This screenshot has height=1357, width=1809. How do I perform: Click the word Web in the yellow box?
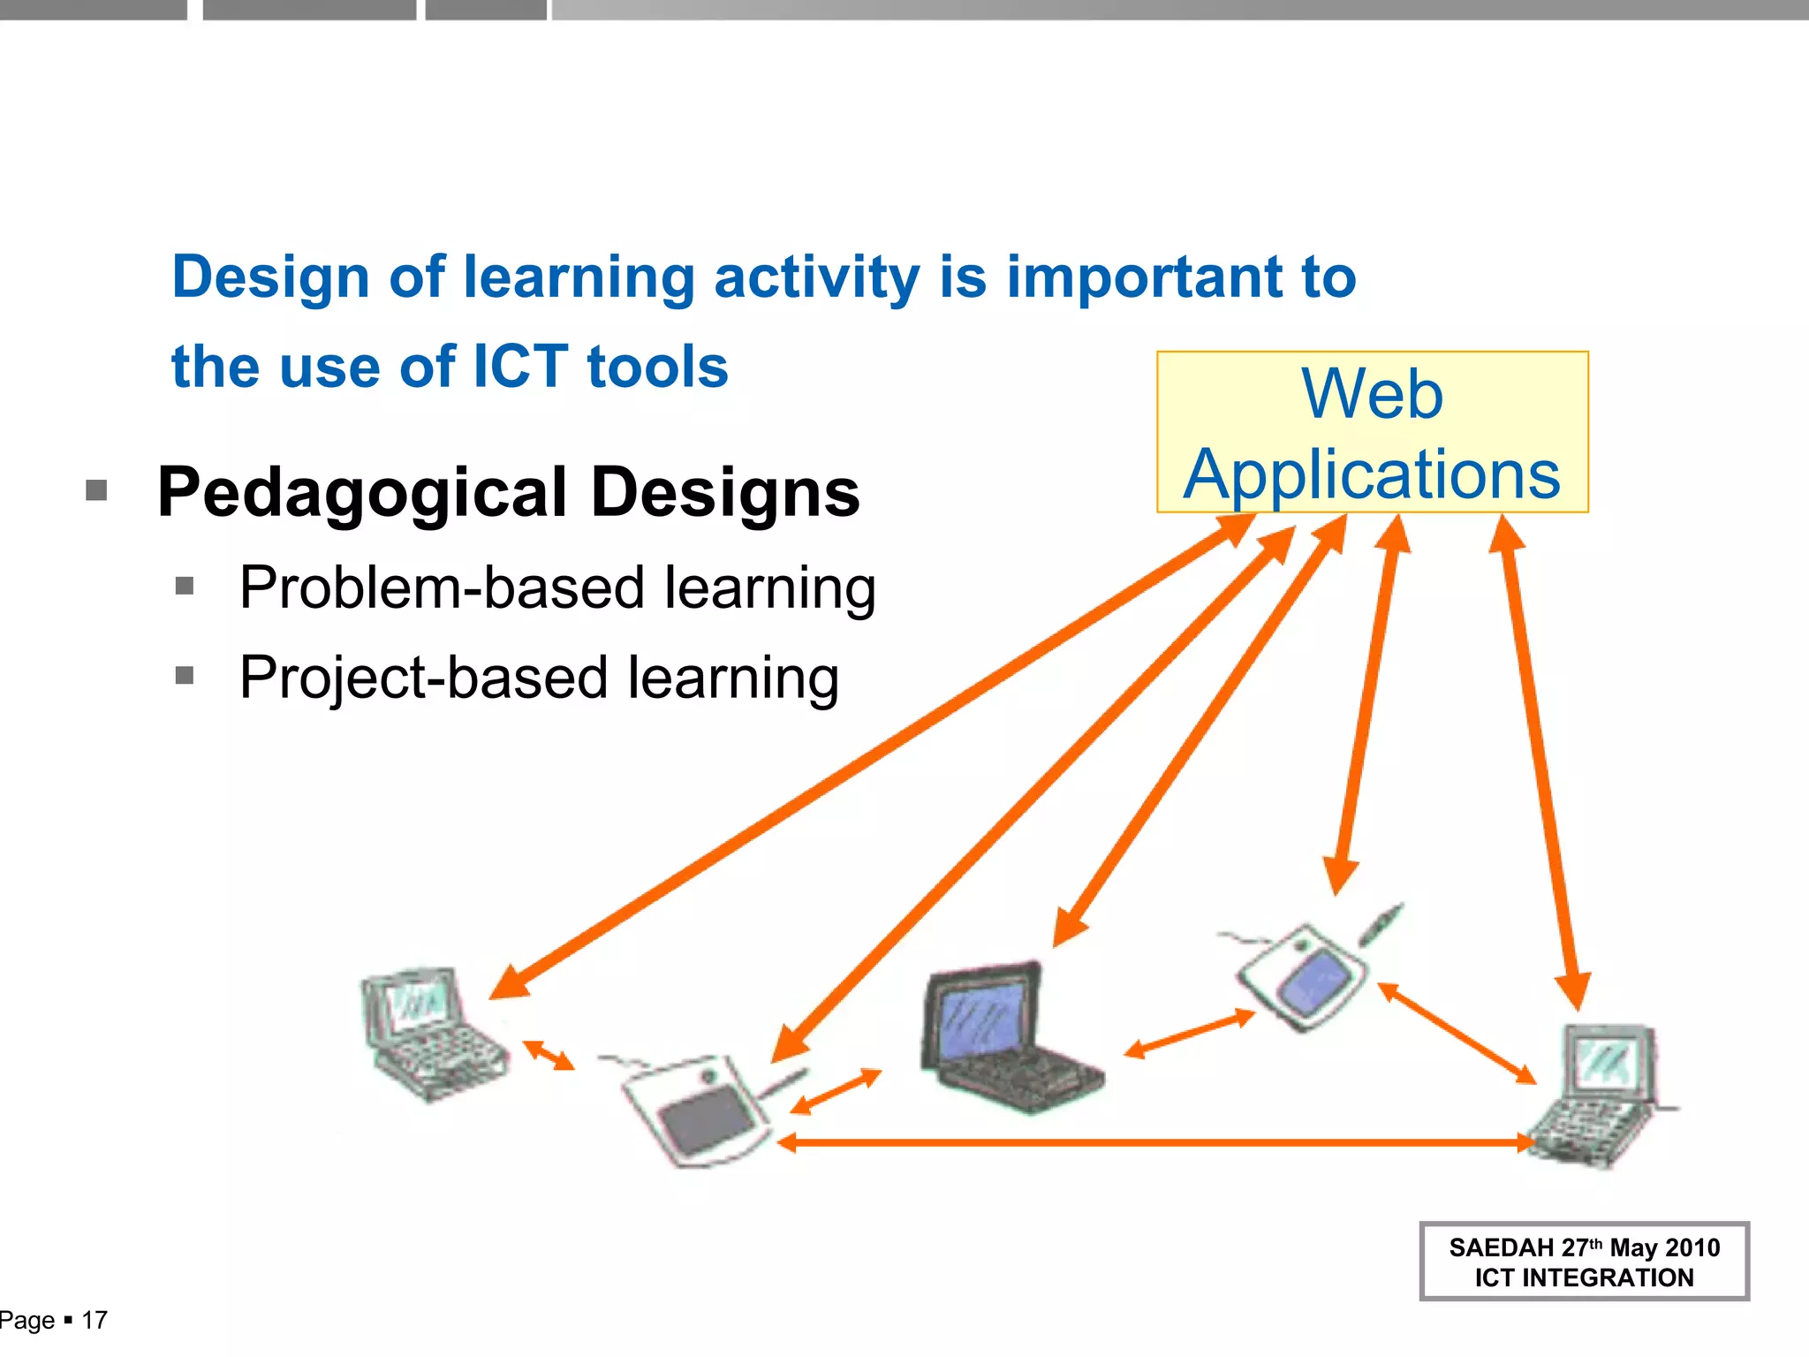click(1372, 394)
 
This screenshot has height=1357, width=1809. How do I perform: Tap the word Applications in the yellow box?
click(1372, 475)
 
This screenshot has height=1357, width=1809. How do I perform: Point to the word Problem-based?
click(442, 588)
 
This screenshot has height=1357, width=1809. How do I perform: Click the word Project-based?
click(424, 678)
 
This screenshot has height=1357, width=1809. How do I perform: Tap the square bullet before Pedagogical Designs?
click(96, 489)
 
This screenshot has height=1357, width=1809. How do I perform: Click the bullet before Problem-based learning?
click(185, 586)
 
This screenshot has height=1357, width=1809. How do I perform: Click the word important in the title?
click(1144, 277)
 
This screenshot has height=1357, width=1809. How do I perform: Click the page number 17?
click(95, 1320)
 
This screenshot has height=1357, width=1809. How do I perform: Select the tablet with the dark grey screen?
click(698, 1109)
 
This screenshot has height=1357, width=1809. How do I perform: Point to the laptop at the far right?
click(1599, 1095)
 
